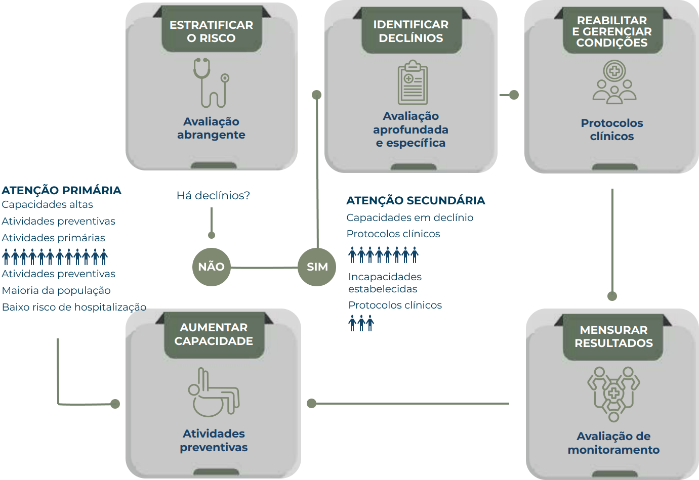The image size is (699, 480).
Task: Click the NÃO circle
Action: (x=211, y=267)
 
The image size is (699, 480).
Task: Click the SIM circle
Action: (x=317, y=267)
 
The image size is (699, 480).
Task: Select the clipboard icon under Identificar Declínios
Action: (x=413, y=82)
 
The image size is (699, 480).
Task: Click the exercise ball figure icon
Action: (x=213, y=392)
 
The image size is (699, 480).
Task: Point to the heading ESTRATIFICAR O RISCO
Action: (x=211, y=31)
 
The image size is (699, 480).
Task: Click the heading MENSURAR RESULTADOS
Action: (x=613, y=336)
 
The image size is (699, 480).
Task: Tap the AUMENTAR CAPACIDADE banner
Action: (x=214, y=334)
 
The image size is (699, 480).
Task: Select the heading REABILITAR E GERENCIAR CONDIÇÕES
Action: (x=612, y=31)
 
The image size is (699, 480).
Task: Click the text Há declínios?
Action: (x=213, y=195)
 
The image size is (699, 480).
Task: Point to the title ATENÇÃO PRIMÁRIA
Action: (x=62, y=190)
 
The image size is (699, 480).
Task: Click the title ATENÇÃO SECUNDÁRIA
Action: (x=416, y=200)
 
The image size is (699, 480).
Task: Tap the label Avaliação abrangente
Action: (x=211, y=128)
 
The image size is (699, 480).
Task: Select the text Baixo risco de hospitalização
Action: (x=74, y=307)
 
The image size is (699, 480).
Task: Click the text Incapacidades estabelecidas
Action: (x=385, y=283)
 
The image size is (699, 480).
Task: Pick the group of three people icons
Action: (x=361, y=323)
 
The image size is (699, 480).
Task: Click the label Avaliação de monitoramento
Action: (x=613, y=443)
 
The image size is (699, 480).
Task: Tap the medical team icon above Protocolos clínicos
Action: (x=614, y=82)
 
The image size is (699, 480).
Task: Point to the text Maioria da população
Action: (x=56, y=290)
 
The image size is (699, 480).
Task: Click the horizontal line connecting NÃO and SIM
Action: (x=264, y=267)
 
